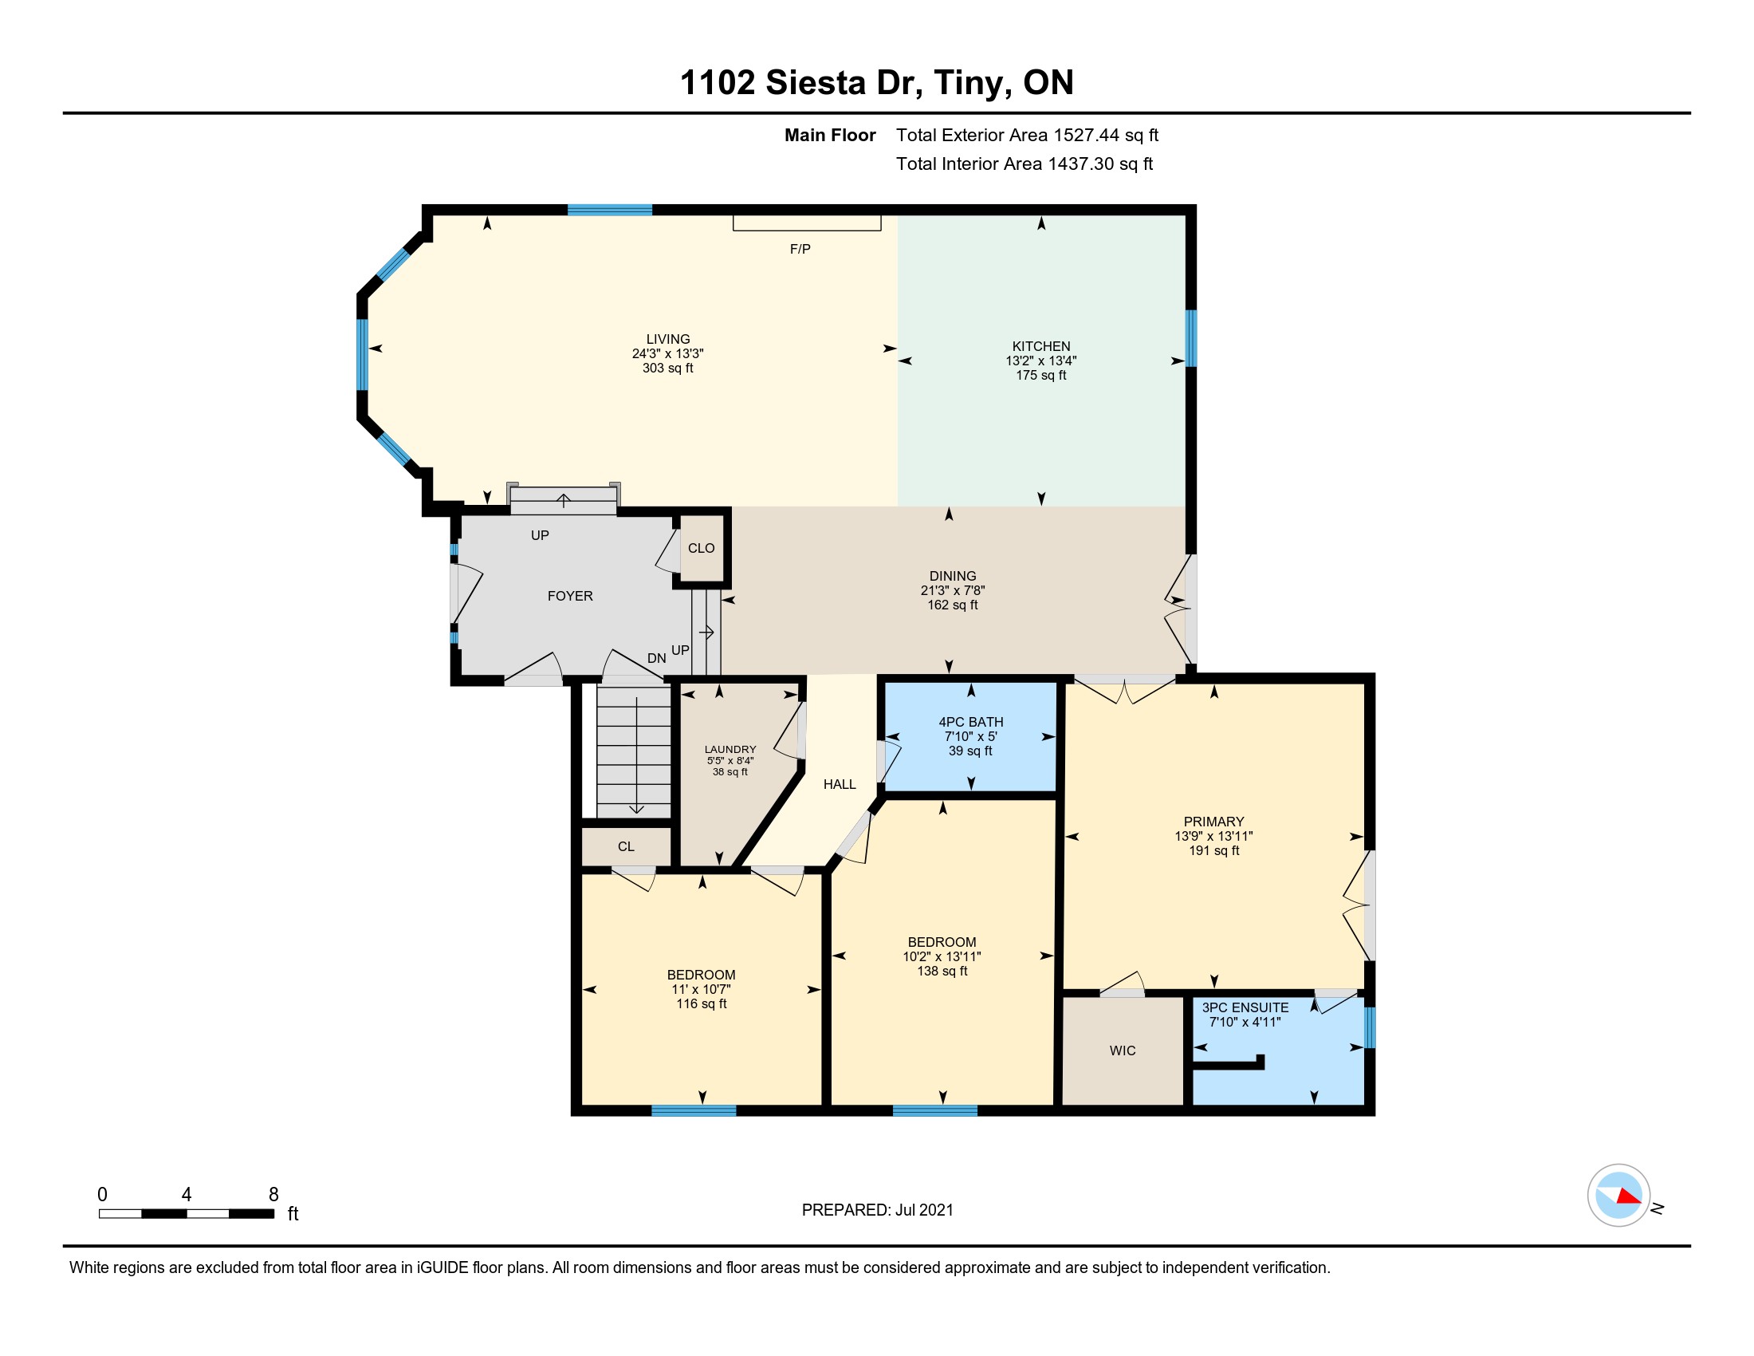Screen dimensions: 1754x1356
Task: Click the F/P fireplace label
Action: click(800, 249)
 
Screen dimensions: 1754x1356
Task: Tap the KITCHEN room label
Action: click(1040, 346)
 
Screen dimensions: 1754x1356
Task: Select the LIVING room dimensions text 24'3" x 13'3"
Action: click(667, 353)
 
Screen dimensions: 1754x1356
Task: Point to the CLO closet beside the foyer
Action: click(701, 548)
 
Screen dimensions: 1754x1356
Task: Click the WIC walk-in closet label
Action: click(1123, 1051)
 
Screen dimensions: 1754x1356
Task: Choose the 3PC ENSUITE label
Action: click(1245, 1007)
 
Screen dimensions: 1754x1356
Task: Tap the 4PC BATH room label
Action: click(971, 722)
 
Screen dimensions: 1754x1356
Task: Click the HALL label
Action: click(840, 784)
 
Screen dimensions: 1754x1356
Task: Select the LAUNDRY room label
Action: click(730, 750)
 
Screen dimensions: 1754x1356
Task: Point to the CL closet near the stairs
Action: click(627, 846)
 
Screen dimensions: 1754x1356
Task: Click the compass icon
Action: click(1619, 1196)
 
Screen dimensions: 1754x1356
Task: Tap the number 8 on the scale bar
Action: click(273, 1195)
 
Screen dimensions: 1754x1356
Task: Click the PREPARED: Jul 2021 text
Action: click(878, 1210)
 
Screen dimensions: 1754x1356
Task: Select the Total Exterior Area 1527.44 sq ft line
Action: click(1027, 135)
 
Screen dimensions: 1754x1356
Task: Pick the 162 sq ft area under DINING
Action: click(953, 605)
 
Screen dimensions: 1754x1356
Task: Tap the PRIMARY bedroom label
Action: click(1213, 822)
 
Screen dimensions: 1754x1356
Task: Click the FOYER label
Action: click(570, 596)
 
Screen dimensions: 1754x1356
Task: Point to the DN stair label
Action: click(657, 658)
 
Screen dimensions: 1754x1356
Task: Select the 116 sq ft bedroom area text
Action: click(701, 1004)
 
